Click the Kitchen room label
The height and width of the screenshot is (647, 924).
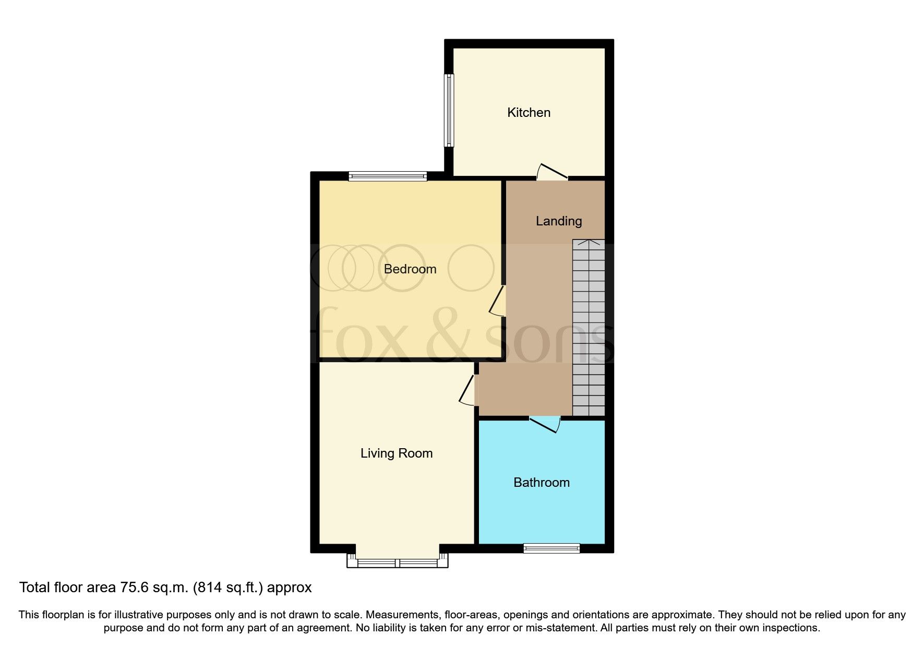529,113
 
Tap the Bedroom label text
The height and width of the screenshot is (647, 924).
410,269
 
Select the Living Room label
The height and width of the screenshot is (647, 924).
397,453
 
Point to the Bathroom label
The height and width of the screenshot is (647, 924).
542,483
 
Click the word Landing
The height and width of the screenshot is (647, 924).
559,221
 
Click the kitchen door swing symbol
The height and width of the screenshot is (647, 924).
552,173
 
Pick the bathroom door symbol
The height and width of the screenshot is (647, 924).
545,424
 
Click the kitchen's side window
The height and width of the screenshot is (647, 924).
449,110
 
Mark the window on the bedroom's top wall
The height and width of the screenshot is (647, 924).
388,177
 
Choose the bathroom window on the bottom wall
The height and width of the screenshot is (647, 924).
551,548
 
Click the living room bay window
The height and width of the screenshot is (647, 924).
398,562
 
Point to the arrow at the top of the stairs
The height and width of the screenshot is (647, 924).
589,243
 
